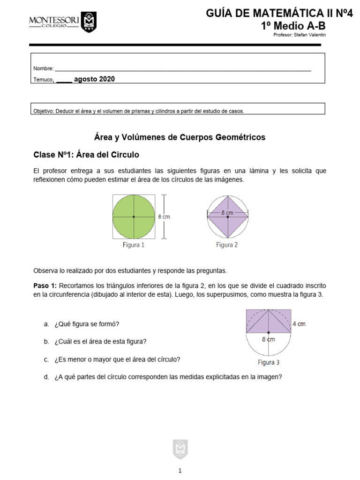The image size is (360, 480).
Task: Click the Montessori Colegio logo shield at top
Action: click(89, 22)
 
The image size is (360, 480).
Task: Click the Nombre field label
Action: click(43, 68)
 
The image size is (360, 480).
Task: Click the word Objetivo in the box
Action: click(44, 111)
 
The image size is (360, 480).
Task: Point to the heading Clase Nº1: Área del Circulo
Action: click(86, 154)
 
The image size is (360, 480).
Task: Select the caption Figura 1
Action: click(134, 245)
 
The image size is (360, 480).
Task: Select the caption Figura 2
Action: click(227, 245)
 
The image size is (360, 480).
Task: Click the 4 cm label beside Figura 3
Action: click(300, 323)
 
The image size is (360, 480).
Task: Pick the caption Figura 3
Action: click(269, 362)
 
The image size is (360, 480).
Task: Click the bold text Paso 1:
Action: click(45, 285)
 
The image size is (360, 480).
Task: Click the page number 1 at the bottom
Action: click(180, 471)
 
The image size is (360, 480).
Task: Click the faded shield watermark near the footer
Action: click(180, 450)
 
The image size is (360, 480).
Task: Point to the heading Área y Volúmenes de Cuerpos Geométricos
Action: click(180, 137)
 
